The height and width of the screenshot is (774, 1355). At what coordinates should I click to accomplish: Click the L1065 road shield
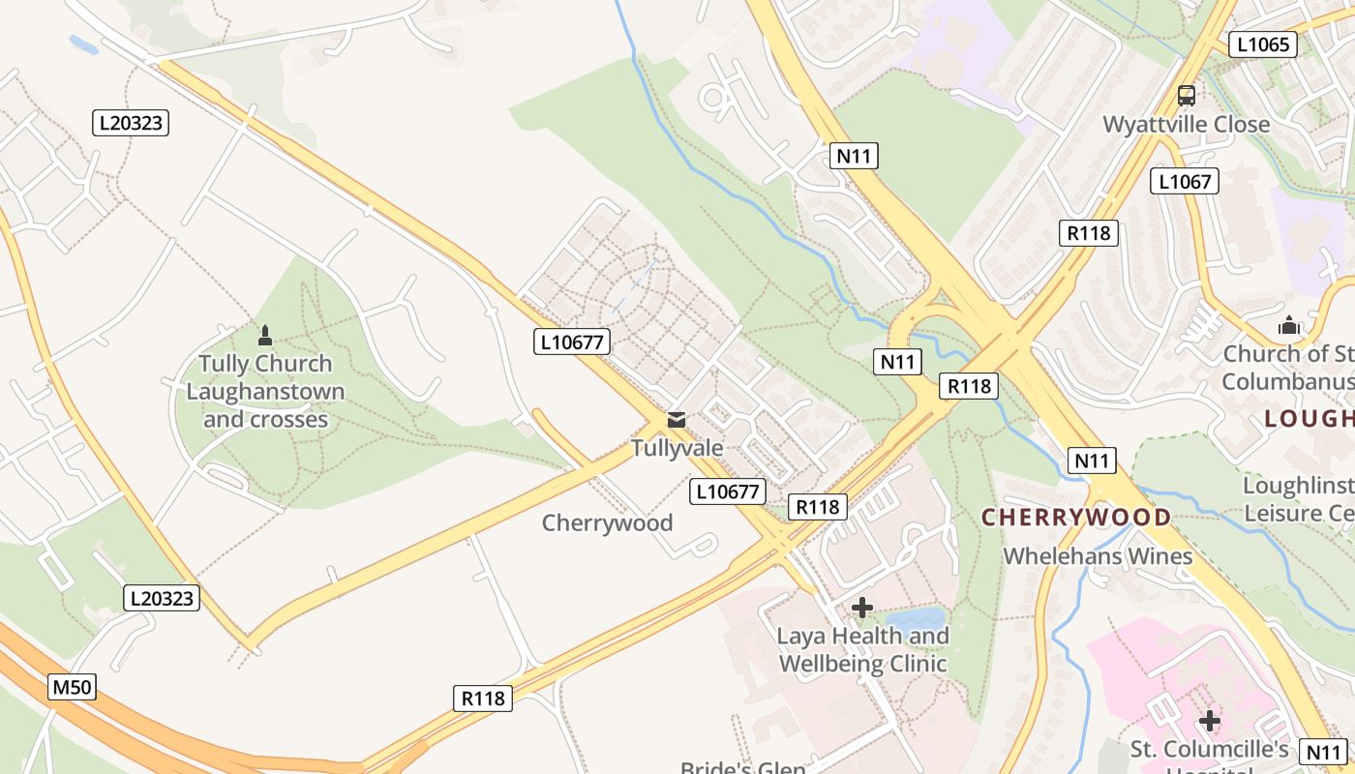coord(1262,44)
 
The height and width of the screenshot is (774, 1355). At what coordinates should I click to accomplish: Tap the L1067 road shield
coord(1184,181)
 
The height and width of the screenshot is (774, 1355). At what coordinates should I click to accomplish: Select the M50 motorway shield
coord(72,688)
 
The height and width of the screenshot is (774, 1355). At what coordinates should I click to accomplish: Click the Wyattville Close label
coord(1187,125)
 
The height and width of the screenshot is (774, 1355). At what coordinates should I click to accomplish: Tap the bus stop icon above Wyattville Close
coord(1186,95)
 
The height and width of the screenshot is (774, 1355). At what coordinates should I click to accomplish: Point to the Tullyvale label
coord(677,448)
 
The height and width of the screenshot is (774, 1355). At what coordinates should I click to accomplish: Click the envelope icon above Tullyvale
coord(677,420)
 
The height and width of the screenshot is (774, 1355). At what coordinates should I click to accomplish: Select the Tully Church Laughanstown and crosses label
coord(265,392)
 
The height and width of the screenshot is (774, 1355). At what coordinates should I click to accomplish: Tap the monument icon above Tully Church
coord(265,336)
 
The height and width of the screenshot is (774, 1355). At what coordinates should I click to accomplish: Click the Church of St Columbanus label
coord(1287,368)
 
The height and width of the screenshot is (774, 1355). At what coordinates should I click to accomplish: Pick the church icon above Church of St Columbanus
coord(1288,325)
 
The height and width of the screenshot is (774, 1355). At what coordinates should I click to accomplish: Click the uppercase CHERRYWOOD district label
coord(1076,517)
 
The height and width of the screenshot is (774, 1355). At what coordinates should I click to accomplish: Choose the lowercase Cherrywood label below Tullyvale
coord(607,523)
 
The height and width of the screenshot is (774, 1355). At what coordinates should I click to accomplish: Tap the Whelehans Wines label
coord(1098,556)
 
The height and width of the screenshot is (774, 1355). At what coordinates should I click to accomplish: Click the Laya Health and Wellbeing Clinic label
coord(862,650)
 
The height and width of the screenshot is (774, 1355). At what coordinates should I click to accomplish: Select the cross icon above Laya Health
coord(861,608)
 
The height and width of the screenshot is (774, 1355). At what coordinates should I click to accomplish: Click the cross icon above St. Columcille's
coord(1209,721)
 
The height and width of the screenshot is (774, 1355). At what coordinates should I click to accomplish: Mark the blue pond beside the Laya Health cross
coord(916,617)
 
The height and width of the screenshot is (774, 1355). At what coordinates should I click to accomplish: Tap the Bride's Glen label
coord(742,768)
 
